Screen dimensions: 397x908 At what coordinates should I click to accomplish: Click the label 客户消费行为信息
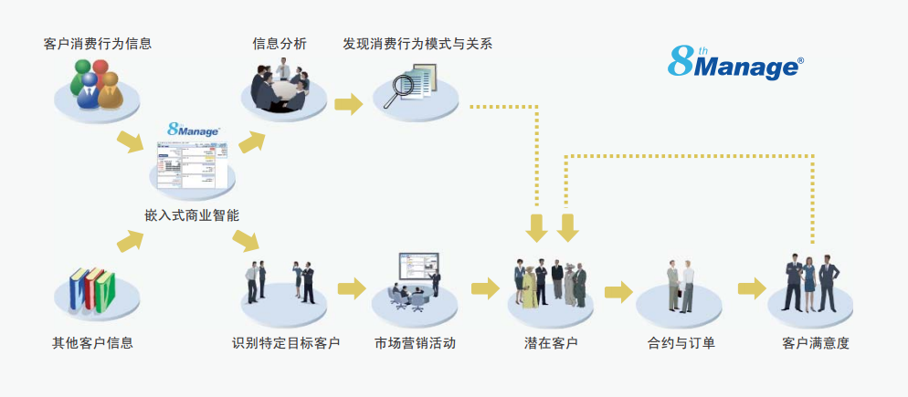[x=98, y=43]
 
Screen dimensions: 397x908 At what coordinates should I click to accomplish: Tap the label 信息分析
[x=280, y=43]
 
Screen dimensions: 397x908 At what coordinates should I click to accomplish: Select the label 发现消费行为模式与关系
[x=417, y=43]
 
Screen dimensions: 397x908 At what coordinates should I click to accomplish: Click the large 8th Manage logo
[x=735, y=62]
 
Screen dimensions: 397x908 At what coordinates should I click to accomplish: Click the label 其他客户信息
[x=93, y=343]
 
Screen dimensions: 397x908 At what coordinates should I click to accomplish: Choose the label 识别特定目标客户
[x=286, y=343]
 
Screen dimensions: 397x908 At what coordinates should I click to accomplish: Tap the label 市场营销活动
[x=415, y=343]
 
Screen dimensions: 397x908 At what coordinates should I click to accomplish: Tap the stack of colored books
[x=91, y=287]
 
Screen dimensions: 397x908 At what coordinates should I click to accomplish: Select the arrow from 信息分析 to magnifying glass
[x=347, y=104]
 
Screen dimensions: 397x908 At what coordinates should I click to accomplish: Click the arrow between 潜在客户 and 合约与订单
[x=618, y=292]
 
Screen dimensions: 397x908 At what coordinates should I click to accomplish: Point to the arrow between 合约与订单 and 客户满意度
[x=752, y=288]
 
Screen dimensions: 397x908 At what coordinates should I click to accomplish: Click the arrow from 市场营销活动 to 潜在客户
[x=485, y=288]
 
